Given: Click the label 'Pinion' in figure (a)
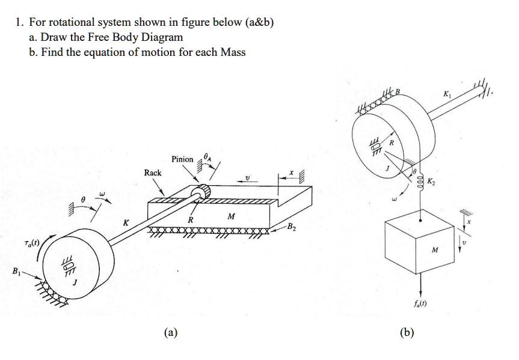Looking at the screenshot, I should click(182, 159).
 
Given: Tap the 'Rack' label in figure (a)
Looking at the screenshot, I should click(153, 172).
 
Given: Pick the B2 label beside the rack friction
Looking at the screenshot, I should click(292, 227).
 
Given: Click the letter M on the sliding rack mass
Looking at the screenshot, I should click(230, 216).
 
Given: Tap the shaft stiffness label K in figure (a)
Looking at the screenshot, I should click(126, 222).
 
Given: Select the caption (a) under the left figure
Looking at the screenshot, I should click(171, 332).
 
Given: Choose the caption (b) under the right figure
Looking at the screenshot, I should click(408, 332).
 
